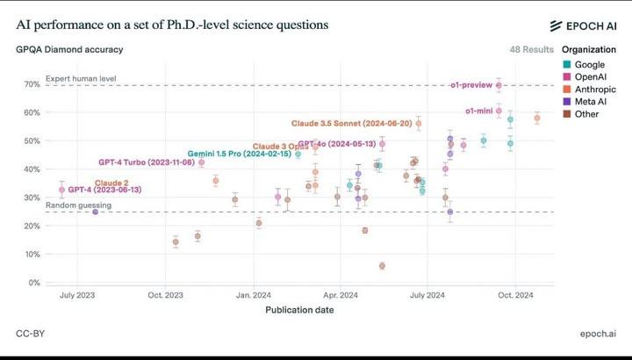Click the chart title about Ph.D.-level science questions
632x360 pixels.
(172, 25)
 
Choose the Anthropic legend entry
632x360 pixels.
(595, 90)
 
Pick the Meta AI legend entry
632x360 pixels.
(591, 102)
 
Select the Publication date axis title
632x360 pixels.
(299, 309)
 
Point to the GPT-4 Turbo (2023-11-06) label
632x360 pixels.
(147, 162)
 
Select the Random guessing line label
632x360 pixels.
(78, 205)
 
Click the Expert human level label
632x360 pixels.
(81, 79)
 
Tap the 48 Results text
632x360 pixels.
(532, 50)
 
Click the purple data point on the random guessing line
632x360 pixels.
(95, 212)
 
